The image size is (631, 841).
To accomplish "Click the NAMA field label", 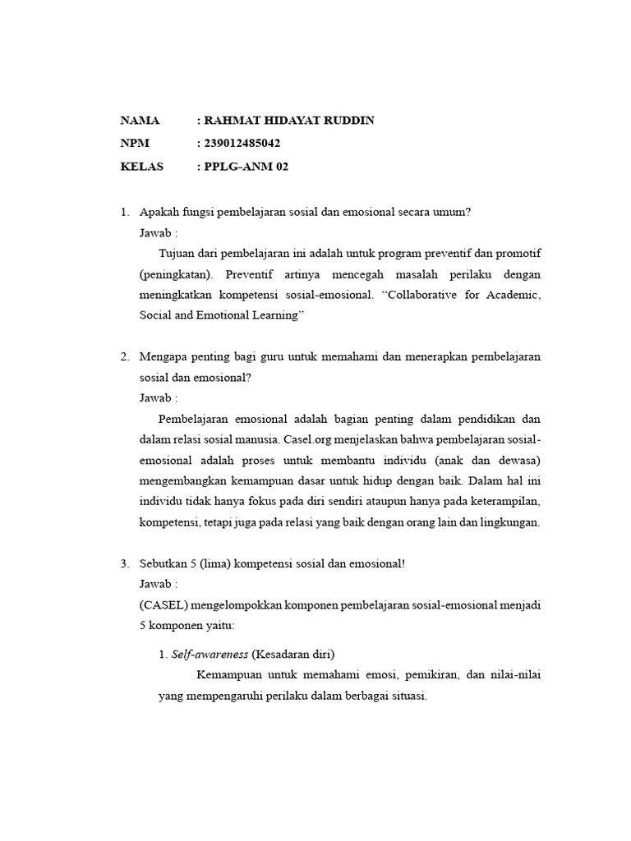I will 140,121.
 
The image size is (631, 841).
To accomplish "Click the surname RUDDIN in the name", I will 348,121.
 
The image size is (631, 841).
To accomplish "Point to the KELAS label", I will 142,167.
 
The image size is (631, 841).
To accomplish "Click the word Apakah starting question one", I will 159,212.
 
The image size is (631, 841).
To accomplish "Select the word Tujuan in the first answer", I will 177,252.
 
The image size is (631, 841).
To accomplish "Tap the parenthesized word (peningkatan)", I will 176,273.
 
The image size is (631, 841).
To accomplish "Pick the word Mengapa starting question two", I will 164,356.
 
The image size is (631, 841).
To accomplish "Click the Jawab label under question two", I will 158,398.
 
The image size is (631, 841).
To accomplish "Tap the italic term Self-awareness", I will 210,655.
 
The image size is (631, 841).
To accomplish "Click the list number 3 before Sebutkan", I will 124,563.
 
